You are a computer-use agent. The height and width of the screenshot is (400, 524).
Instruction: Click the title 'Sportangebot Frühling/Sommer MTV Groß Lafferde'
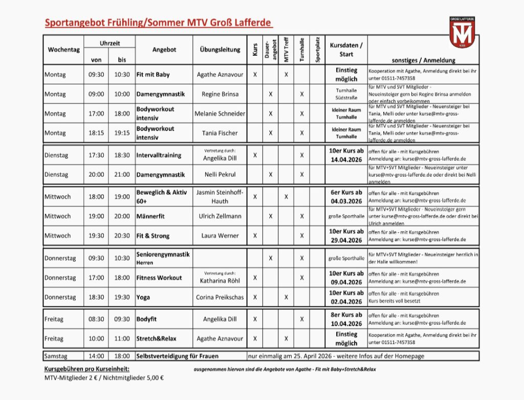click(158, 23)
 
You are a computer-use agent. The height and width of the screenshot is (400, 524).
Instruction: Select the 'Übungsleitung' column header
click(220, 50)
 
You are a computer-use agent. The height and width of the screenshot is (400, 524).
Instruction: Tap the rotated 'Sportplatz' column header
click(317, 50)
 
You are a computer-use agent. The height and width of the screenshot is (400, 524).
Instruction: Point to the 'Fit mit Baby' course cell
click(153, 75)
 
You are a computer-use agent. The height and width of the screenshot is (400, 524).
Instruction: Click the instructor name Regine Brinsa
click(220, 94)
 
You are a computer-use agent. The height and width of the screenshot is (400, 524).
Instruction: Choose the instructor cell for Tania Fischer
click(220, 133)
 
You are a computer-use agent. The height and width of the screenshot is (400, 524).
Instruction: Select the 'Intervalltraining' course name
click(159, 155)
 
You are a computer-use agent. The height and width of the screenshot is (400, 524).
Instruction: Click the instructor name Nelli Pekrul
click(220, 175)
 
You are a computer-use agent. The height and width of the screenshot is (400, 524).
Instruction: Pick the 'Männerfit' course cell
click(150, 217)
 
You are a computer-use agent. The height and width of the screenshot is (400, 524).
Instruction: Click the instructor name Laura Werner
click(220, 236)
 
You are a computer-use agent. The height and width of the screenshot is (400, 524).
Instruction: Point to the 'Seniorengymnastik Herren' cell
click(163, 258)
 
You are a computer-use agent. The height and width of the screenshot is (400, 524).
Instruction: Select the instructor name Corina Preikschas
click(220, 298)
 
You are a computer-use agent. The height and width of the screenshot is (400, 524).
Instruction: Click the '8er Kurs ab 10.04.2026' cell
click(346, 319)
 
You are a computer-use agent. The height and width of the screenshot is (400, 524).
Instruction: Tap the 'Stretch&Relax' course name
click(157, 339)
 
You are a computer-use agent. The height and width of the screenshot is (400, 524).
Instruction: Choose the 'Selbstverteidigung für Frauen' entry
click(177, 356)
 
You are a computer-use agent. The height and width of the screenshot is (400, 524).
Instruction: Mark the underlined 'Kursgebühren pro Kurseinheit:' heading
click(87, 369)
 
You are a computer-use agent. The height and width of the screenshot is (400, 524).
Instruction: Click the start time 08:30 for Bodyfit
click(96, 319)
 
